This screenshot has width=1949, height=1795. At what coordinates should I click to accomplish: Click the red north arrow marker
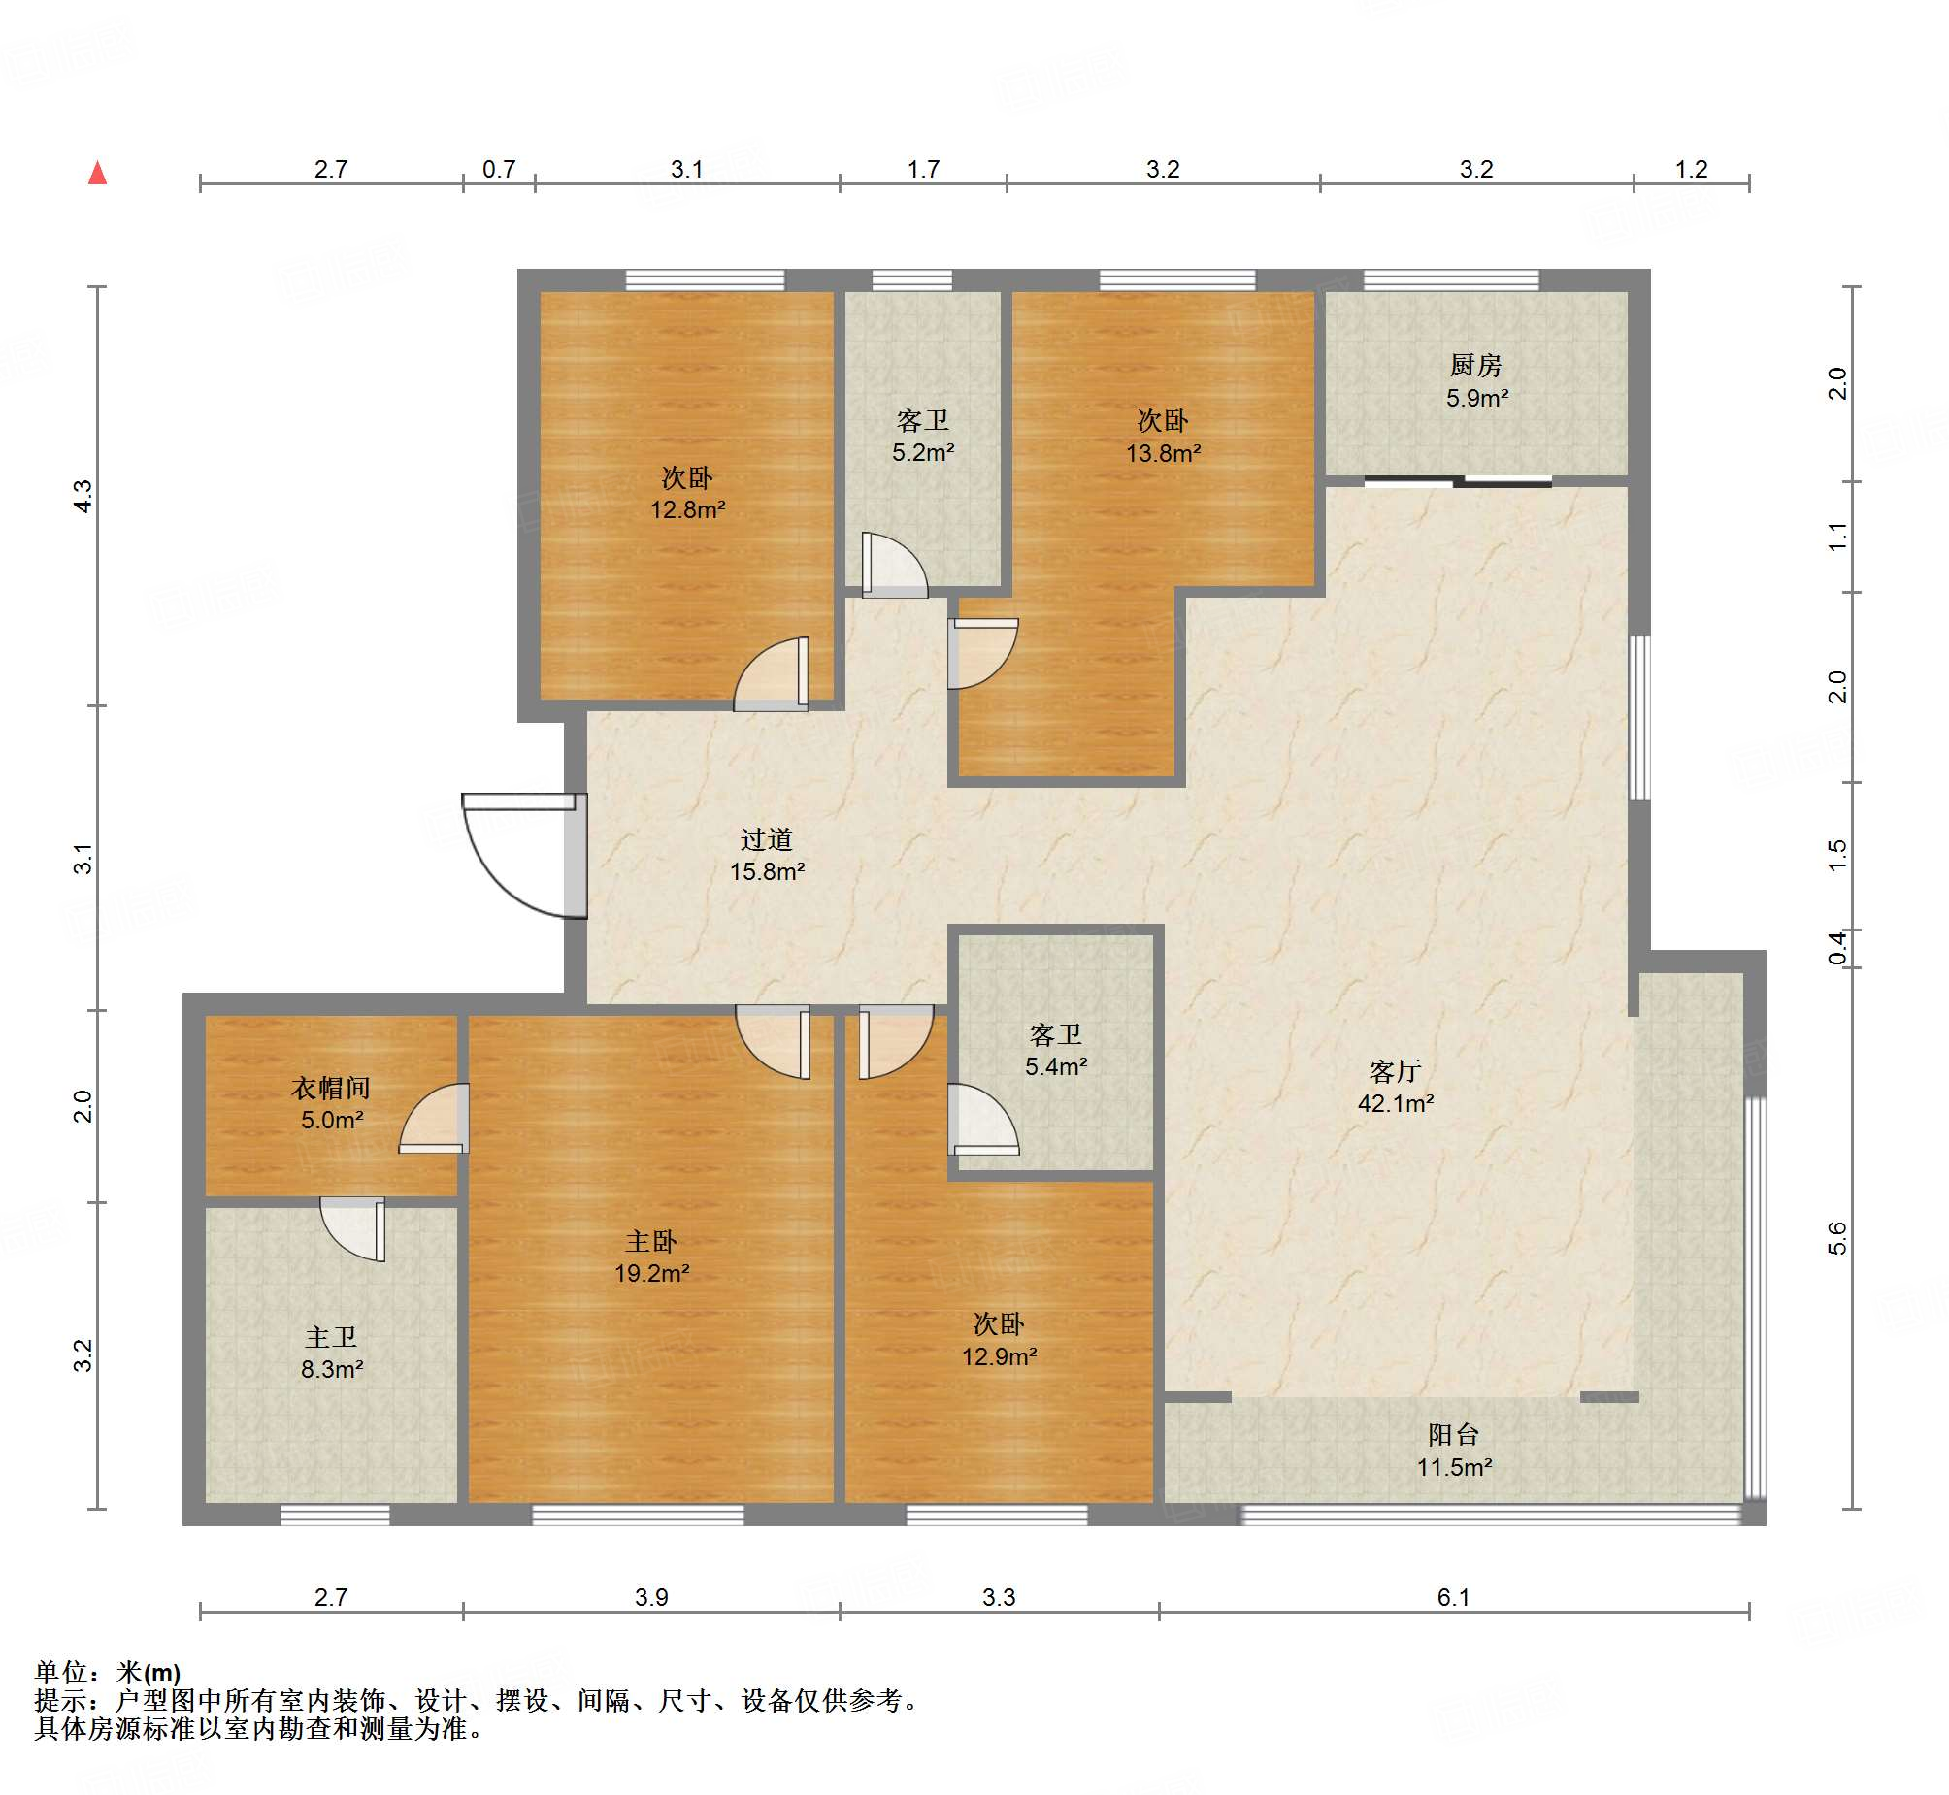(97, 173)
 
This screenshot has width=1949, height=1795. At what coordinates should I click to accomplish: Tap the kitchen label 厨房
(1476, 365)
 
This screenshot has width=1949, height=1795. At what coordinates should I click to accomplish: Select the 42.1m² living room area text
(1395, 1103)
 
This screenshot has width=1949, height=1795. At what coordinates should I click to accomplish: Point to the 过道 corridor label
(767, 839)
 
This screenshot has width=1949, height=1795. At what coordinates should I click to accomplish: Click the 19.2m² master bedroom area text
(651, 1272)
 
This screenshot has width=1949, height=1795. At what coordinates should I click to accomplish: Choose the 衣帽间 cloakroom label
(331, 1088)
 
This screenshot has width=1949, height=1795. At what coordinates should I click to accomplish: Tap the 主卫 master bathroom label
(331, 1337)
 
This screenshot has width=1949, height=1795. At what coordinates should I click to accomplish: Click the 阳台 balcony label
(1453, 1435)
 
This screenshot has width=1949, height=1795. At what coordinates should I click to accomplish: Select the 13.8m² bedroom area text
(1163, 453)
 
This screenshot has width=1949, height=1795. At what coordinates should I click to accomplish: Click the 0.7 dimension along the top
(499, 169)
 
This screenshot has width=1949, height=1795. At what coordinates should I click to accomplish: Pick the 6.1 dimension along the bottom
(1453, 1597)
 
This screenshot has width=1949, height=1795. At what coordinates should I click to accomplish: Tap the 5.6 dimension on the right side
(1836, 1238)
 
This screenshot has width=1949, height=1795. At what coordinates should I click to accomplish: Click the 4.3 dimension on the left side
(83, 497)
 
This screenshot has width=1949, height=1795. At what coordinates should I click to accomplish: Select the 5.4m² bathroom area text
(1056, 1066)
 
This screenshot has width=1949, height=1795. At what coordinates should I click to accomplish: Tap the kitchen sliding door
(1457, 481)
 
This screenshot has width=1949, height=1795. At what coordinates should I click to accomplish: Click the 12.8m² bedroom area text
(688, 509)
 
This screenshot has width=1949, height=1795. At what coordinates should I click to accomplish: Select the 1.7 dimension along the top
(923, 169)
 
